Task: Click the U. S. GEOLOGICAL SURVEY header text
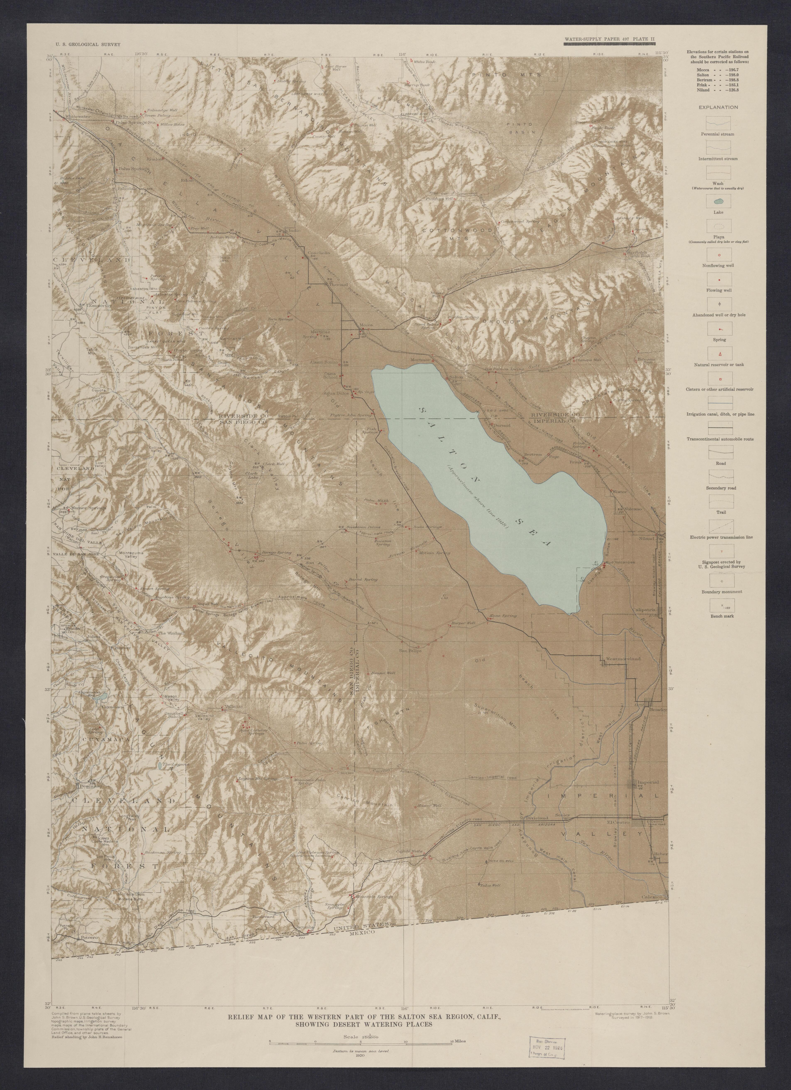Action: coord(88,44)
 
